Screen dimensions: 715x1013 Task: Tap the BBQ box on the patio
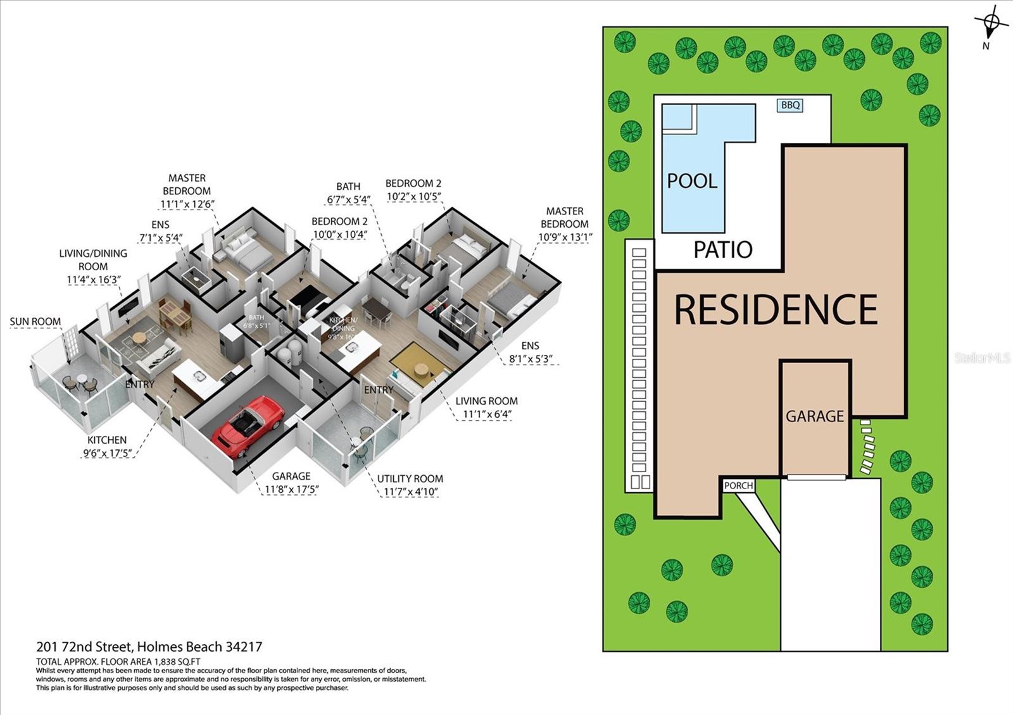(790, 105)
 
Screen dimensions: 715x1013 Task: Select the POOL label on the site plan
(692, 181)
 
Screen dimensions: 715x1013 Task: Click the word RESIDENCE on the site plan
(776, 309)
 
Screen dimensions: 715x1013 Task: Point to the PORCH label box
(738, 485)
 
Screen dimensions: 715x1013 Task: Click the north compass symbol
(991, 24)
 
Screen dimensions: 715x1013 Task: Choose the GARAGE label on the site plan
(815, 416)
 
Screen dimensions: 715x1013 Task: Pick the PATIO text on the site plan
(722, 250)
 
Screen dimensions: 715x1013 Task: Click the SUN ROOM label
(35, 321)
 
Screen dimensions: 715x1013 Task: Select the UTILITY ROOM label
(410, 478)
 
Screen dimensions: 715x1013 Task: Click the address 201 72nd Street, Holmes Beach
(149, 647)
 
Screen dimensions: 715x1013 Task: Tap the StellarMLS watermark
(982, 358)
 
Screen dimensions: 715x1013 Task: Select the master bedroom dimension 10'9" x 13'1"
(565, 237)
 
